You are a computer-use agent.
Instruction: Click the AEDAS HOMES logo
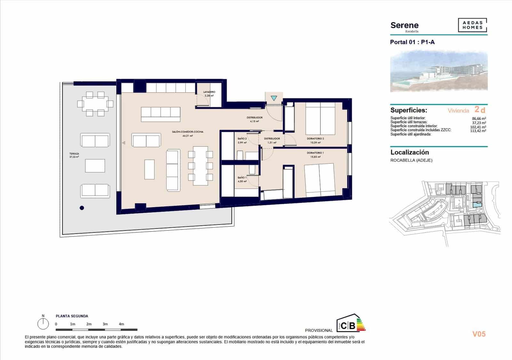tap(472, 25)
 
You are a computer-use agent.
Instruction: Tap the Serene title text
tap(404, 25)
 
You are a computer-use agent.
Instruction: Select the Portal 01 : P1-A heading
tap(412, 42)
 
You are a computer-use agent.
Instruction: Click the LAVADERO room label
tap(209, 92)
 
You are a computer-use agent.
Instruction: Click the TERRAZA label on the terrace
tap(74, 154)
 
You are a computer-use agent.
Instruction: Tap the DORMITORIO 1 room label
tap(315, 153)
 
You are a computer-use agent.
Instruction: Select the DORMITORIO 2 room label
tap(315, 139)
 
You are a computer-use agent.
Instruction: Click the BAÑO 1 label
tap(242, 178)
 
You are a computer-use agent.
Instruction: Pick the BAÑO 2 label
tap(242, 139)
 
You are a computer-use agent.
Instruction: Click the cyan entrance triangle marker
tap(274, 98)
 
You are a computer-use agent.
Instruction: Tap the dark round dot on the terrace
tap(82, 208)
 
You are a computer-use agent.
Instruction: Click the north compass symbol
tap(43, 324)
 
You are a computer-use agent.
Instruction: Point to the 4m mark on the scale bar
tap(121, 324)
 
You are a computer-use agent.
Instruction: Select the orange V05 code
tap(479, 334)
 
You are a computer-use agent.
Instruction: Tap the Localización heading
tap(410, 153)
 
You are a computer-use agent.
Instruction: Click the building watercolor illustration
tap(439, 71)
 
